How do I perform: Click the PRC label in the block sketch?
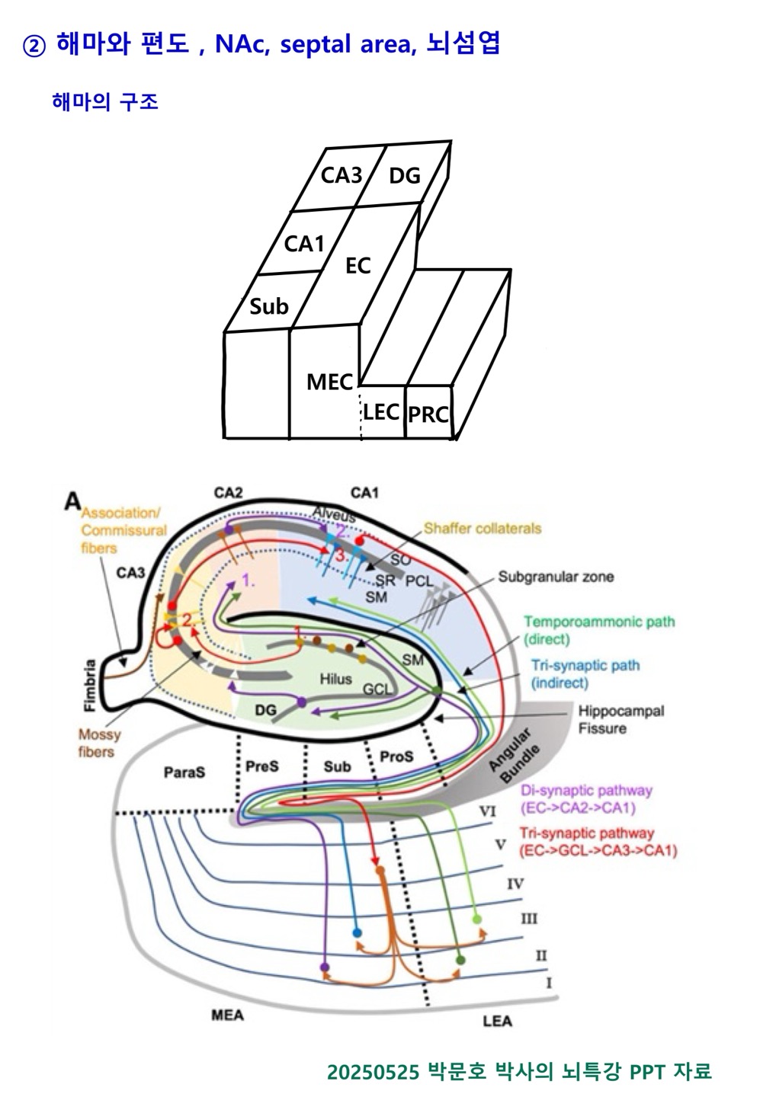click(428, 415)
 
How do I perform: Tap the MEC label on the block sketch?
click(329, 382)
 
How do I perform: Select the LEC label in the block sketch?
click(381, 412)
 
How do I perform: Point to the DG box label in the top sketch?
click(405, 176)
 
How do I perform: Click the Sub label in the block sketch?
click(269, 306)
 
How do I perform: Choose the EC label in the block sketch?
click(358, 266)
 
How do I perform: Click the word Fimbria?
click(91, 685)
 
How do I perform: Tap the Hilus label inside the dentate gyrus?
click(335, 679)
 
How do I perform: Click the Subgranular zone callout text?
click(556, 577)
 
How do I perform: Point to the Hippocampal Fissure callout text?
click(620, 719)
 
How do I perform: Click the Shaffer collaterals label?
click(482, 528)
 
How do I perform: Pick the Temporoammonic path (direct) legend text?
click(598, 630)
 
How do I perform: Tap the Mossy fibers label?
click(99, 743)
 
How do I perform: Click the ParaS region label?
click(184, 772)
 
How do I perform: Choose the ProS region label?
click(396, 756)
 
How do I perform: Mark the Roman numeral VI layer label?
click(488, 812)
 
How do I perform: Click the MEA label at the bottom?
click(227, 1015)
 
